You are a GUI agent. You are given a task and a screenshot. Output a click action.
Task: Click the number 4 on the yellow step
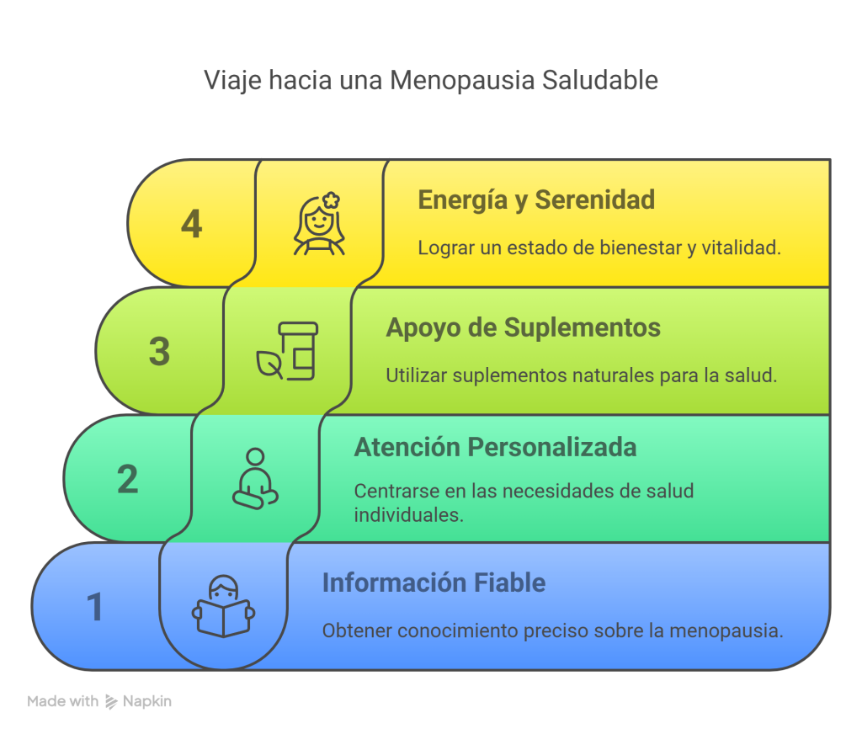coord(191,224)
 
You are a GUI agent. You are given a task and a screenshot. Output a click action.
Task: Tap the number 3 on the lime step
coord(159,351)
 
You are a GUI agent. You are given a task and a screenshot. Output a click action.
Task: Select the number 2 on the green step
coord(128,479)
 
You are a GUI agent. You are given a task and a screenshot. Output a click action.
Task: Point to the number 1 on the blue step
coord(95,606)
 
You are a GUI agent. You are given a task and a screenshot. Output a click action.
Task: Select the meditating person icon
coord(256,479)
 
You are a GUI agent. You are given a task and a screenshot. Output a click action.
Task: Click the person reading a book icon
coord(223,606)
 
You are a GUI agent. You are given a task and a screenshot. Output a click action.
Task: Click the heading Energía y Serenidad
coord(536,200)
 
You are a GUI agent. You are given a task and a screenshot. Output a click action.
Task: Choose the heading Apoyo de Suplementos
coord(524,327)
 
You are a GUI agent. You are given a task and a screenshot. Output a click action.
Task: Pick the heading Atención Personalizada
coord(495,447)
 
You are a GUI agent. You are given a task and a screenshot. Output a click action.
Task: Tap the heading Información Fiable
coord(434,582)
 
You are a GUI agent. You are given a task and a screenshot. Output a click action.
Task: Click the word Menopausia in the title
coord(462,80)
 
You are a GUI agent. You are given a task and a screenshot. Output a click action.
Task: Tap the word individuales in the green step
coord(409,515)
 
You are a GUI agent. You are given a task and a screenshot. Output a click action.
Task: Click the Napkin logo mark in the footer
coord(111,701)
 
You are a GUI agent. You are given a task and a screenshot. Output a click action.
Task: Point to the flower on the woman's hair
coord(331,200)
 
